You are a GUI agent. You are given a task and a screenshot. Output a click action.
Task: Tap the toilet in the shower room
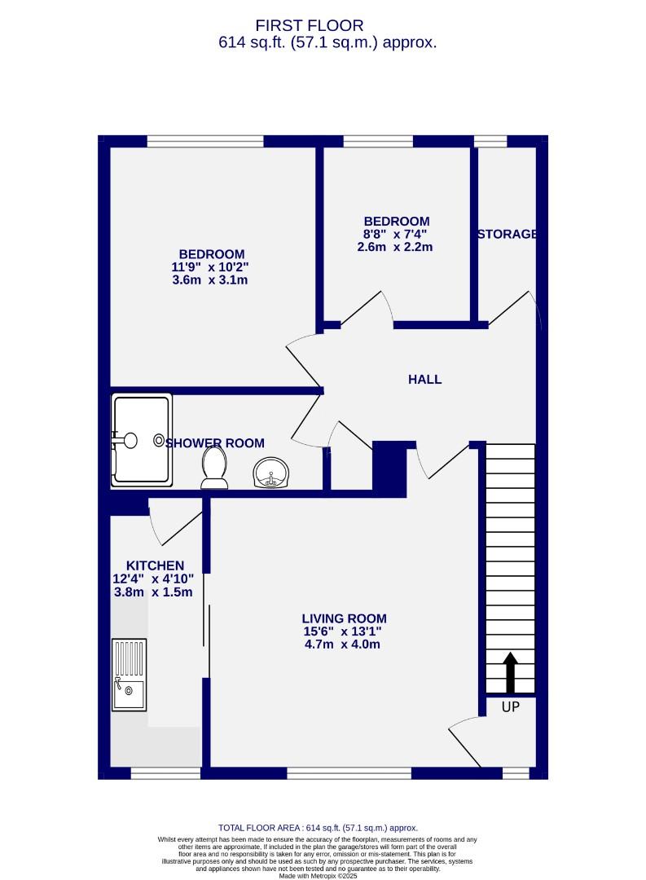(x=213, y=469)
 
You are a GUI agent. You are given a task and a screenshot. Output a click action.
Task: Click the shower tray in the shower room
(x=143, y=440)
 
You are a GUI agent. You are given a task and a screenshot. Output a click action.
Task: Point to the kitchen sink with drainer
(x=130, y=675)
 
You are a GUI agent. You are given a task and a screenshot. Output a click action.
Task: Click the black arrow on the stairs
(x=510, y=672)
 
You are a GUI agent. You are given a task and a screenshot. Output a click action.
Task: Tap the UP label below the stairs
(x=510, y=707)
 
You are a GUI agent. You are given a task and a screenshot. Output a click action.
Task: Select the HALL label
(x=424, y=380)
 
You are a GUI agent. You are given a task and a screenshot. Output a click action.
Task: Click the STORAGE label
(x=507, y=235)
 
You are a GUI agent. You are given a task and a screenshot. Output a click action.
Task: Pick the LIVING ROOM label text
(x=344, y=618)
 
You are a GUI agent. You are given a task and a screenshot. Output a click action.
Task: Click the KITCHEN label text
(x=155, y=565)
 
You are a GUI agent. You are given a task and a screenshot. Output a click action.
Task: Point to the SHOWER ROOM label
(x=215, y=443)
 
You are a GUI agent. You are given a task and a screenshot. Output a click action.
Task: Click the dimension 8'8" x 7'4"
(x=395, y=235)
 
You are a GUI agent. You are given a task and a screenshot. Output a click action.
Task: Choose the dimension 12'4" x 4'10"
(x=153, y=579)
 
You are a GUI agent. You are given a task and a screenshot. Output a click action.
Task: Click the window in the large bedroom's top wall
(x=205, y=141)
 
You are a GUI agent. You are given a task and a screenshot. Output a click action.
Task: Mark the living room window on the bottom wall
(x=349, y=773)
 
